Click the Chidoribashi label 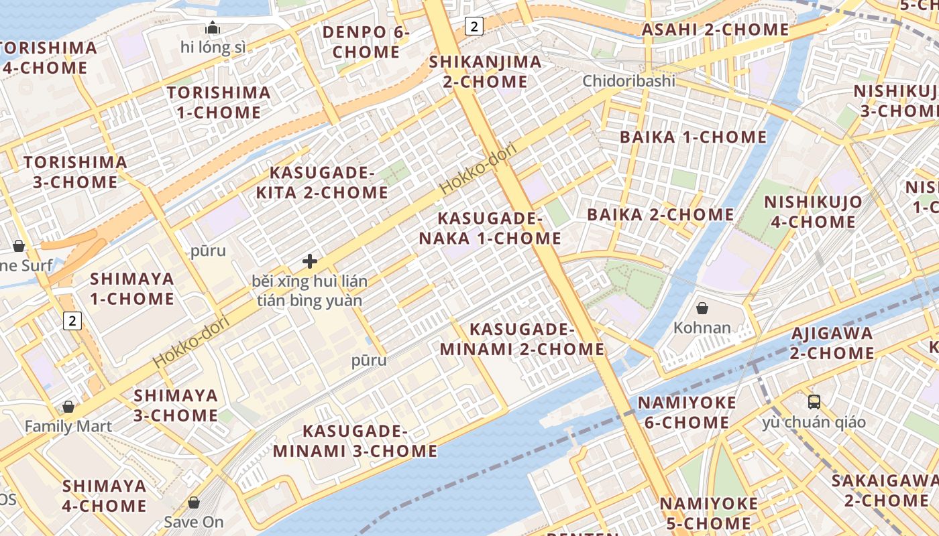628,81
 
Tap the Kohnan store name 702,328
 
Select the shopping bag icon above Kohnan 702,308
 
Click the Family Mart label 68,426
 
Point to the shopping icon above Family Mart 68,407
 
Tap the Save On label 194,522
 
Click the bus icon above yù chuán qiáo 814,402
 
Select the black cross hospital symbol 310,261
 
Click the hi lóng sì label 213,48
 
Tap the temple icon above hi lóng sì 213,27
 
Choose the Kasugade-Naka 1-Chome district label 490,228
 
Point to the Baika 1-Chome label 693,137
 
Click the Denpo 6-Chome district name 366,42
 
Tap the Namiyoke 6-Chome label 687,413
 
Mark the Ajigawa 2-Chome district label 832,343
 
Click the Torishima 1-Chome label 219,102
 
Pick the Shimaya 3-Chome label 176,405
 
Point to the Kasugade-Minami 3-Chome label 355,441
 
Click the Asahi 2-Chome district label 715,29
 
